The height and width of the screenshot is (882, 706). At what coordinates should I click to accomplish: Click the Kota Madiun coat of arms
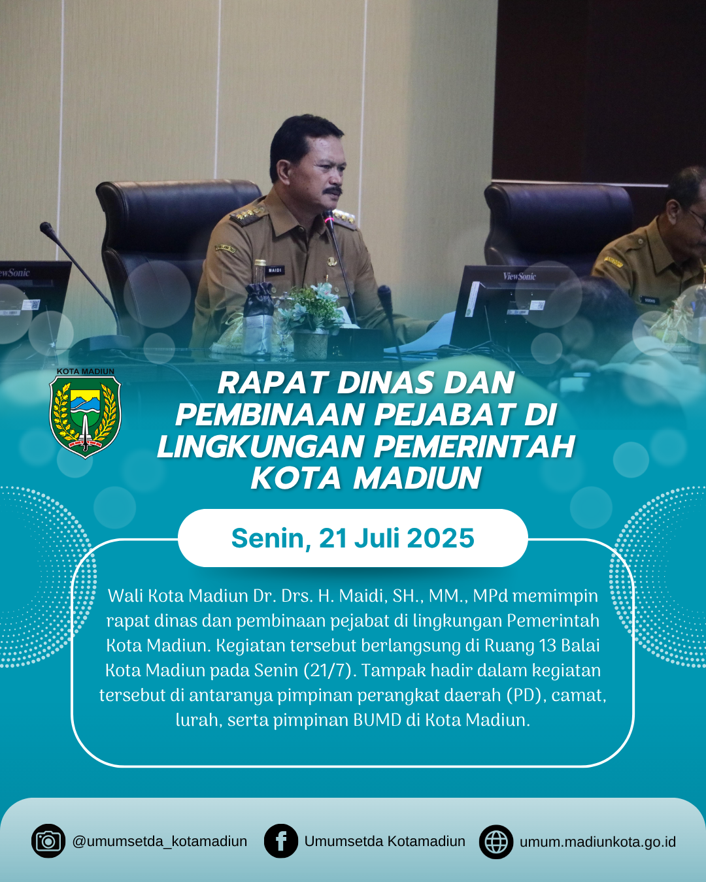86,417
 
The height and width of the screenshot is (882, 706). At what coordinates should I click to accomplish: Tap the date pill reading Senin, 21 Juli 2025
353,538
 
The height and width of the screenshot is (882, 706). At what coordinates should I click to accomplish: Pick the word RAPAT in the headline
270,383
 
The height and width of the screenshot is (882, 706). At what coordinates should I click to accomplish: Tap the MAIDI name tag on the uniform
275,270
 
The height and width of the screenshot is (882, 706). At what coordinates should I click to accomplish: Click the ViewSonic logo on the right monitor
519,276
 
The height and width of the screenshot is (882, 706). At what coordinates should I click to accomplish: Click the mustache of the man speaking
332,191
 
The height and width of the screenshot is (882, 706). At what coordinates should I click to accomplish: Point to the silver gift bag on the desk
258,319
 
